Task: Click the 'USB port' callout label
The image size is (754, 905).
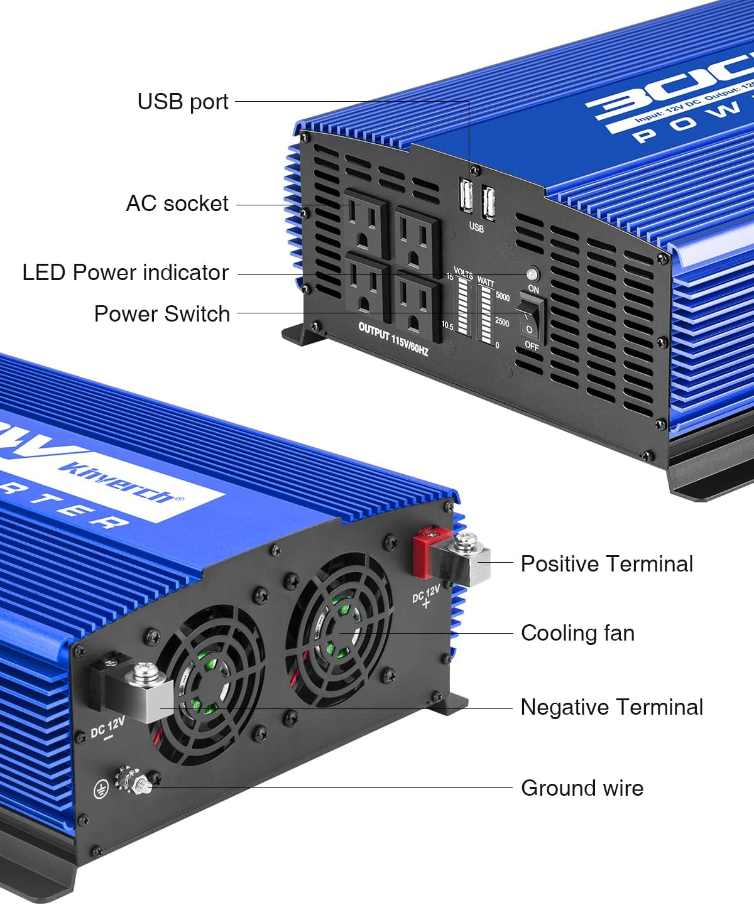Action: tap(182, 101)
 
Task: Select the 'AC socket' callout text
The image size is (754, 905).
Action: tap(177, 203)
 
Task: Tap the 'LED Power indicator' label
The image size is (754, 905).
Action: tap(125, 273)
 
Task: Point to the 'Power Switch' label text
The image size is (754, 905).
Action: tap(161, 313)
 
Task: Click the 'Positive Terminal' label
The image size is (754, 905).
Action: tap(606, 563)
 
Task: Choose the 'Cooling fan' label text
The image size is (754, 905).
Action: tap(577, 632)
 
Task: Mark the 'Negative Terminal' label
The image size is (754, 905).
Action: tap(611, 707)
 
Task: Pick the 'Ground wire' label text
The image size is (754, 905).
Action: tap(582, 788)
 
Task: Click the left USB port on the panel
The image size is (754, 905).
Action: tap(466, 195)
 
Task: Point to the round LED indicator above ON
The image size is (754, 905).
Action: tap(532, 274)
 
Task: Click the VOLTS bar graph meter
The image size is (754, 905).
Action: tap(464, 306)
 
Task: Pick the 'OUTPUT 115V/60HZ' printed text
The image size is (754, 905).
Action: tap(393, 340)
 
